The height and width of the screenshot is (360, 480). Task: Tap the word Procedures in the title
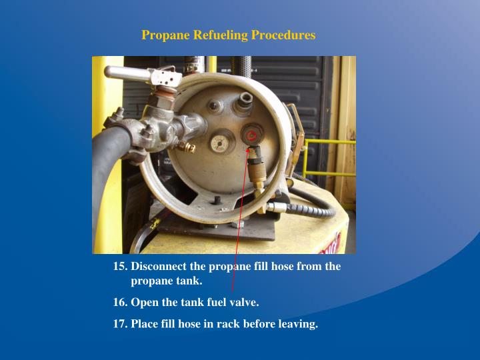pos(283,35)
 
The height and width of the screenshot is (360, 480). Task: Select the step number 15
pos(120,267)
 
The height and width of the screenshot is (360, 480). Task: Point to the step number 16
pos(120,303)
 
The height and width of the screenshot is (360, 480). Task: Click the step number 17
pos(120,325)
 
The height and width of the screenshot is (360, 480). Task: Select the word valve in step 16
pos(243,303)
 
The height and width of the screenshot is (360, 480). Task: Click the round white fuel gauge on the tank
pos(219,143)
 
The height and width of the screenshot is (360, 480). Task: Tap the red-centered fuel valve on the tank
pos(252,136)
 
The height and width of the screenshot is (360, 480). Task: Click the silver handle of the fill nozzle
pos(127,72)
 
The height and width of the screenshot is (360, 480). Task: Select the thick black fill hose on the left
pos(107,173)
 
